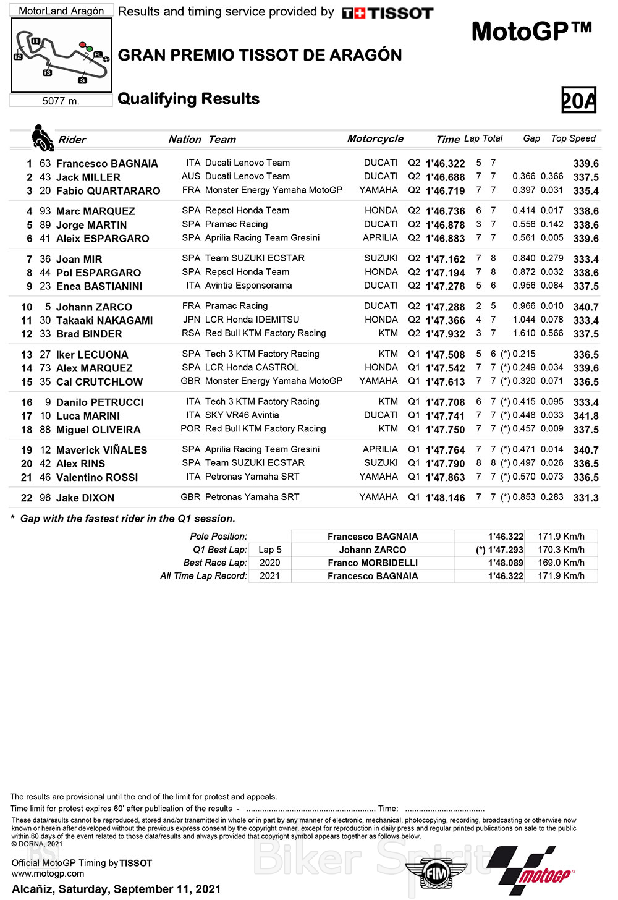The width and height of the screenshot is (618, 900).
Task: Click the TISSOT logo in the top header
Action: click(387, 13)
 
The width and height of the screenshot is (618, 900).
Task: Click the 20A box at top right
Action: click(578, 100)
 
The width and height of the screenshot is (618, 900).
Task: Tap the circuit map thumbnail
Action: click(61, 55)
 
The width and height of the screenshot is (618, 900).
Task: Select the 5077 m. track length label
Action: click(61, 101)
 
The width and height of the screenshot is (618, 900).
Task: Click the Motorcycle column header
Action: click(375, 139)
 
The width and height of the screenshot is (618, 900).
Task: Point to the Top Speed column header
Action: click(573, 138)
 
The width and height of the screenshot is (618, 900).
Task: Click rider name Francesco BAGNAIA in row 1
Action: click(107, 164)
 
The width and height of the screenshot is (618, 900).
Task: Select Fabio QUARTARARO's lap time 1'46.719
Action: click(445, 191)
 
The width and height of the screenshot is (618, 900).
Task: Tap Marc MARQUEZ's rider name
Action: click(95, 211)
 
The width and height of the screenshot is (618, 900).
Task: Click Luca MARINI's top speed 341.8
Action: click(585, 416)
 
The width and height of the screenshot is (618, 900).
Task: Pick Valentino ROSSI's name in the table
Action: click(97, 477)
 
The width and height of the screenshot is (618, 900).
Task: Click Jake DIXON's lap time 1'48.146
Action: click(445, 498)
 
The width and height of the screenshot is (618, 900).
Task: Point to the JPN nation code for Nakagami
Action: click(192, 320)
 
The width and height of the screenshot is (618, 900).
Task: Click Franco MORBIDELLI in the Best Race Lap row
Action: click(373, 563)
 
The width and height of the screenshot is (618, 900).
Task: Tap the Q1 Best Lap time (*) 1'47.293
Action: click(499, 550)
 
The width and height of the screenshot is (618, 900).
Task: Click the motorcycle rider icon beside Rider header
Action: click(42, 137)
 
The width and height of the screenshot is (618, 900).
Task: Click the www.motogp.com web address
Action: click(48, 873)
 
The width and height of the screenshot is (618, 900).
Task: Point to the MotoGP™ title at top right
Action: click(531, 31)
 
